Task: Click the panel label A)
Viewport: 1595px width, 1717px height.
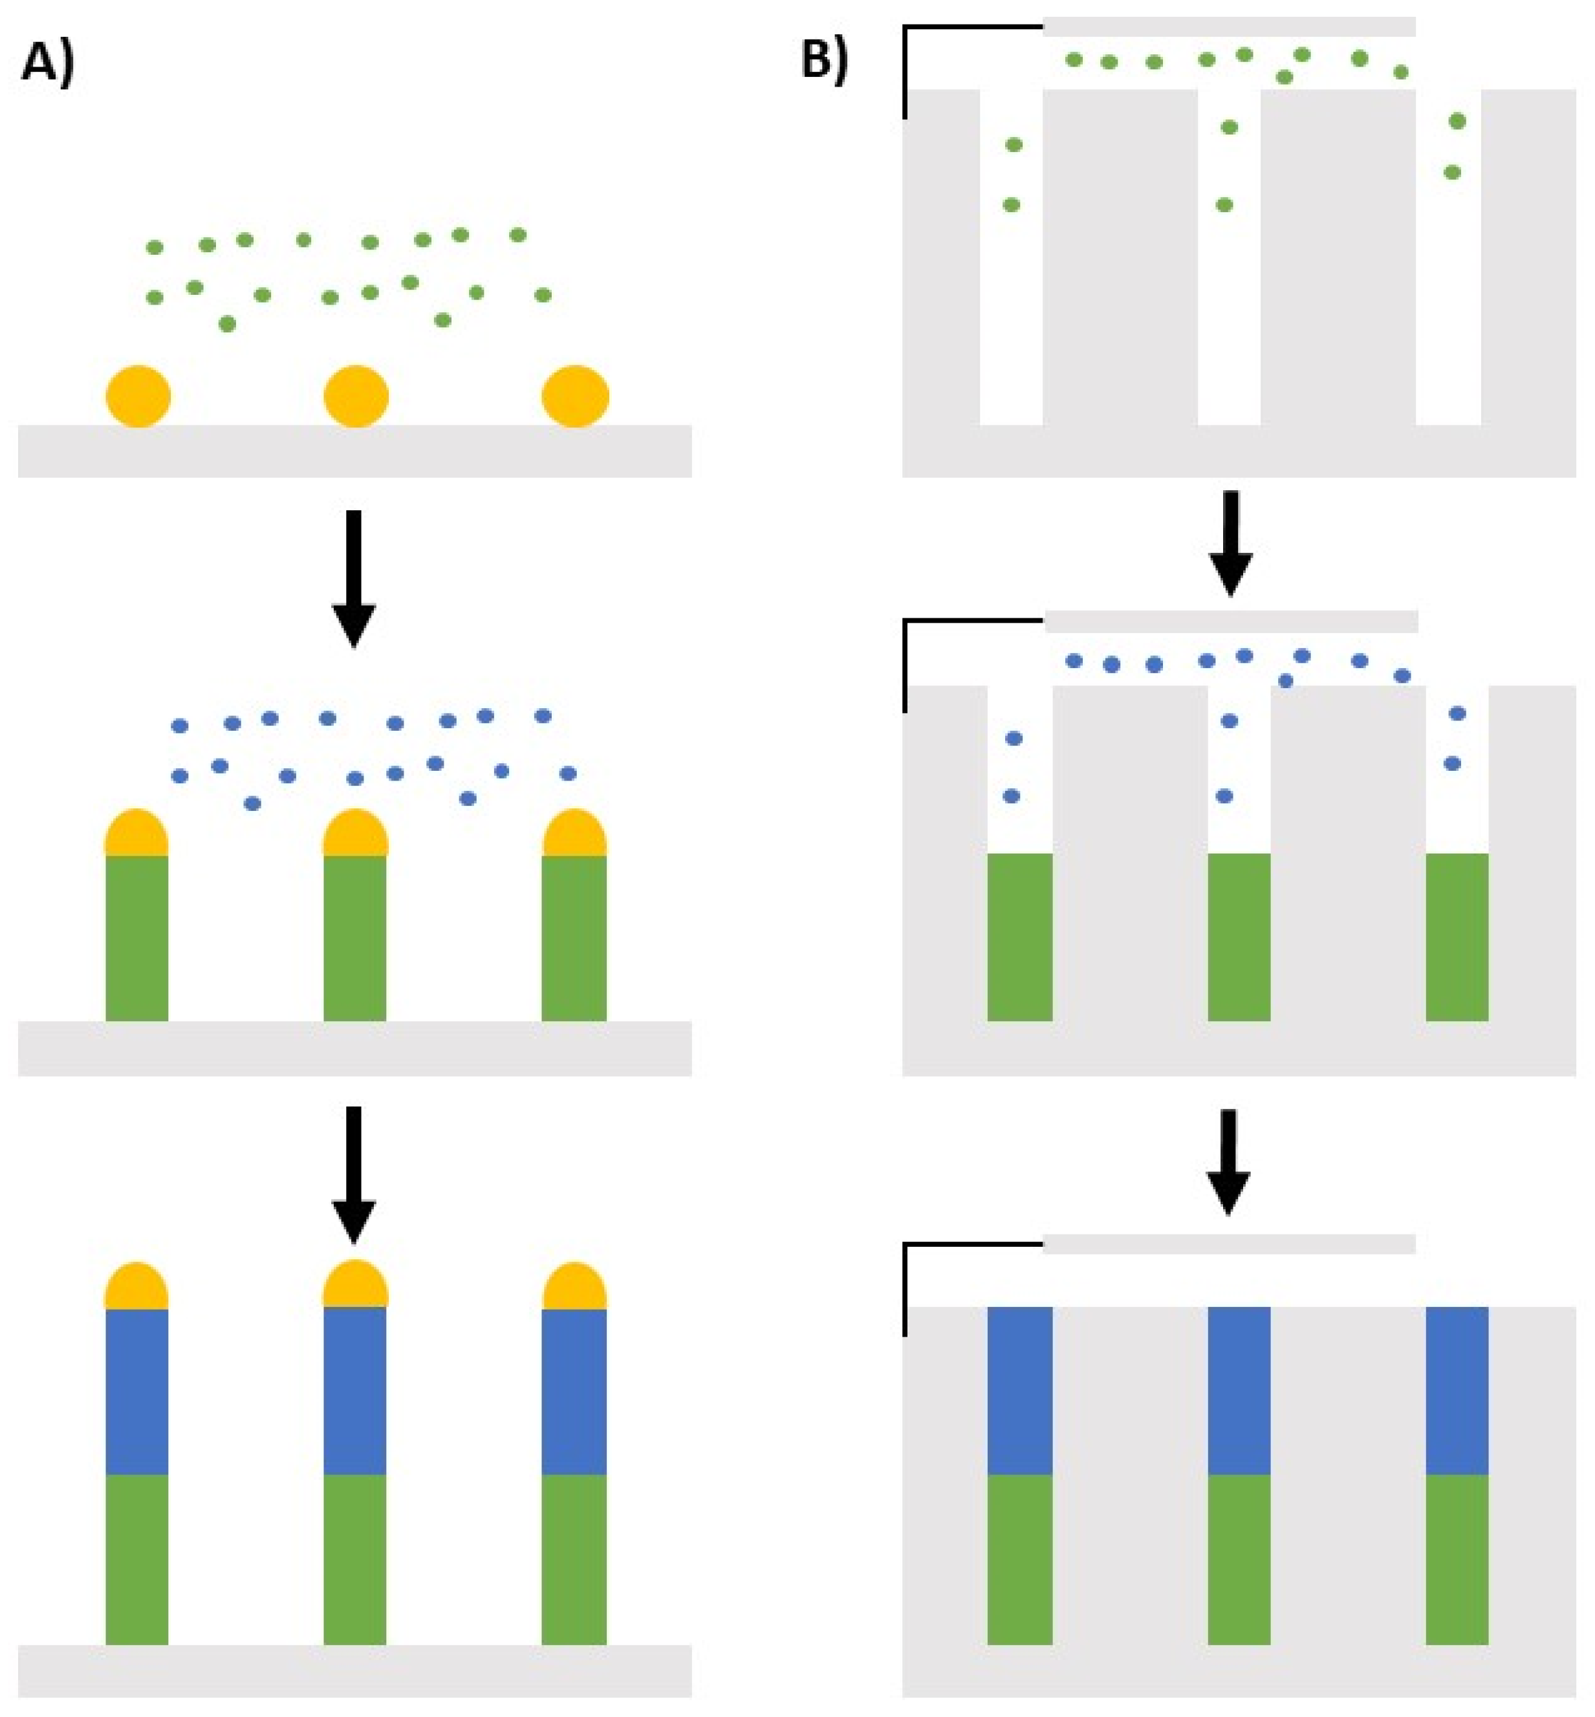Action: tap(47, 64)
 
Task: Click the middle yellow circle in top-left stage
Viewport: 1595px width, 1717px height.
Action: tap(356, 396)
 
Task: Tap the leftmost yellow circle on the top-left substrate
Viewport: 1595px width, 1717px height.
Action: tap(138, 396)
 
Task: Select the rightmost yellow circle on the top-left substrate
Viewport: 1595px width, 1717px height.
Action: tap(575, 396)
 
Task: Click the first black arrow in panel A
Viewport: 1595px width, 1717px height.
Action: tap(353, 578)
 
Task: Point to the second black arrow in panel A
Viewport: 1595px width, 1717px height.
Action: tap(353, 1173)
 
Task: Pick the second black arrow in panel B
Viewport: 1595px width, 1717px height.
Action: tap(1228, 1160)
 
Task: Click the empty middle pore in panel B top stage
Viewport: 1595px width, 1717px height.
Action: tap(1228, 276)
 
